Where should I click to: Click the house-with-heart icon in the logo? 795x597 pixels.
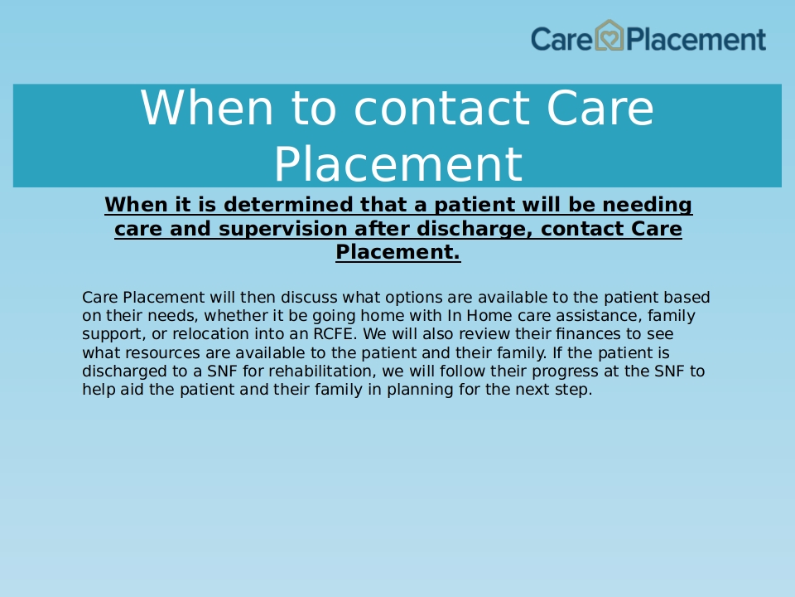609,36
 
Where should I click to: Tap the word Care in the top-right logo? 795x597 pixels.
561,39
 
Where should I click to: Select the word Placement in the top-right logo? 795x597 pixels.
696,39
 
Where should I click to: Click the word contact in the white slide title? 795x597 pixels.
441,108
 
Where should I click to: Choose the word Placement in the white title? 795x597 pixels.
398,163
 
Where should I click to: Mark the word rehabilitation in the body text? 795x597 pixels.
321,371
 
